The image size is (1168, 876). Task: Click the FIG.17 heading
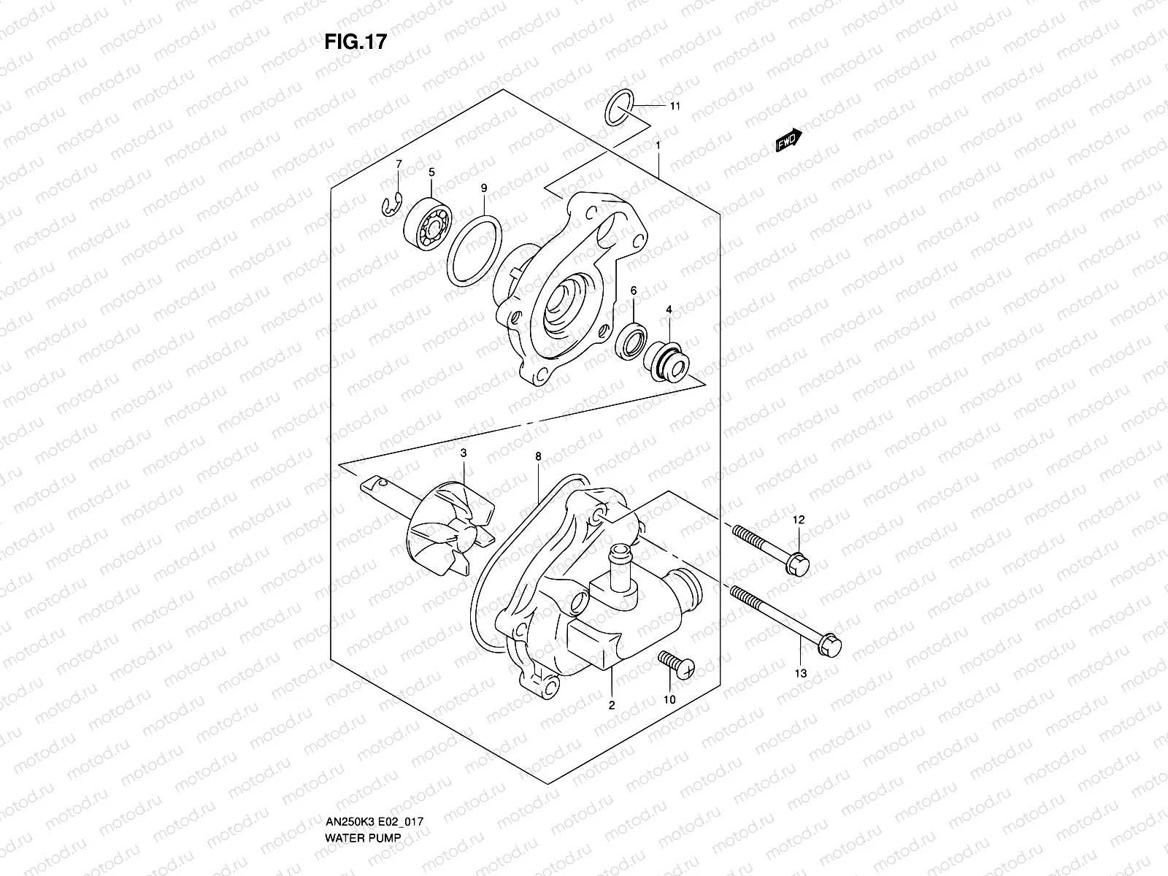tap(355, 42)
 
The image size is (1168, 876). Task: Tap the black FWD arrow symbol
tap(788, 140)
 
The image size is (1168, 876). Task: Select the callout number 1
tap(658, 145)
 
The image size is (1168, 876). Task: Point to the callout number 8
tap(538, 456)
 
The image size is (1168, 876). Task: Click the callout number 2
tap(612, 705)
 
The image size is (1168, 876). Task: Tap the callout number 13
tap(801, 673)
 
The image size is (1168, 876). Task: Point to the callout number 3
tap(463, 453)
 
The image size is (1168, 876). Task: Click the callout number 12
tap(799, 520)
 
